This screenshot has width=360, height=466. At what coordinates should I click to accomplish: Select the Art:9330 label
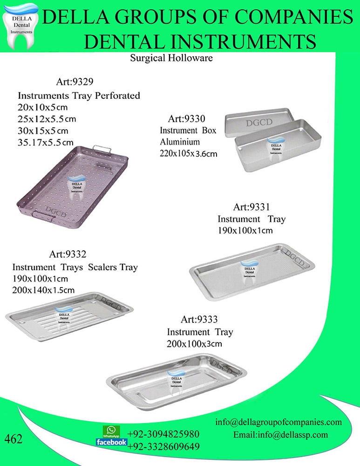187,118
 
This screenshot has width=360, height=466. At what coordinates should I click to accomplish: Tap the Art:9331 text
251,206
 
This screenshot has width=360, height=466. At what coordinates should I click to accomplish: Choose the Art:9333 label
199,320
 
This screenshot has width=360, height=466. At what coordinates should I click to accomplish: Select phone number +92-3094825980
163,434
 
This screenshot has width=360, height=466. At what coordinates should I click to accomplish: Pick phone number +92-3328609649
163,447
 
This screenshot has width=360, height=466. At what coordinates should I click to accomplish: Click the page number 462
14,439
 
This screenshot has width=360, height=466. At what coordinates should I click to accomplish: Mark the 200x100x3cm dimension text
191,344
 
